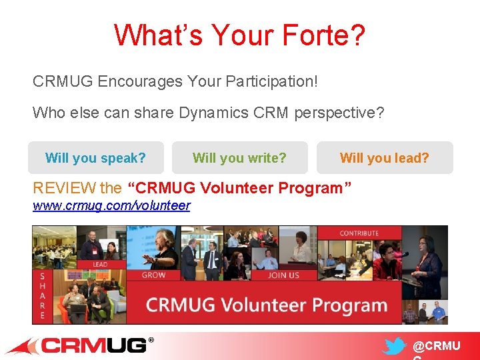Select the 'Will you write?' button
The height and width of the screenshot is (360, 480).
point(239,158)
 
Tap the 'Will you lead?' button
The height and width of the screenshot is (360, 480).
point(385,158)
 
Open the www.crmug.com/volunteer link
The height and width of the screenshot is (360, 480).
point(111,206)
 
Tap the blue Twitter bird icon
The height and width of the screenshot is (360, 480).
point(394,347)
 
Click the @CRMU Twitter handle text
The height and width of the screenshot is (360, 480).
point(436,347)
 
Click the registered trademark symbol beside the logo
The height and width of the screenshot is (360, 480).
point(151,341)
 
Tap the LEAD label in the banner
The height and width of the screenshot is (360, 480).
point(100,265)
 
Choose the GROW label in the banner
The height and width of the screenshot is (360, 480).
point(153,275)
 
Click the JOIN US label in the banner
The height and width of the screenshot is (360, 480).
point(283,275)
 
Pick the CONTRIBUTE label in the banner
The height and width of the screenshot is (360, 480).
point(359,233)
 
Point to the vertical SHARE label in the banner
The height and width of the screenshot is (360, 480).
point(42,295)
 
